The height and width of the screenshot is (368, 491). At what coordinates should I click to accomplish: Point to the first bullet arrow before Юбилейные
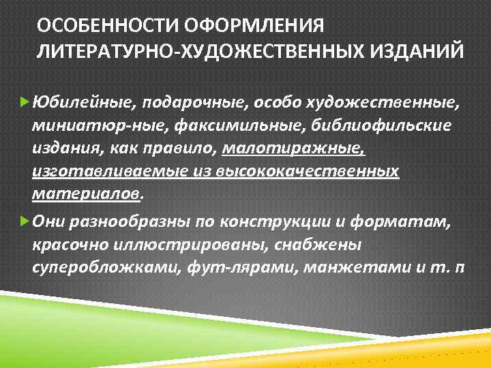coord(25,102)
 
